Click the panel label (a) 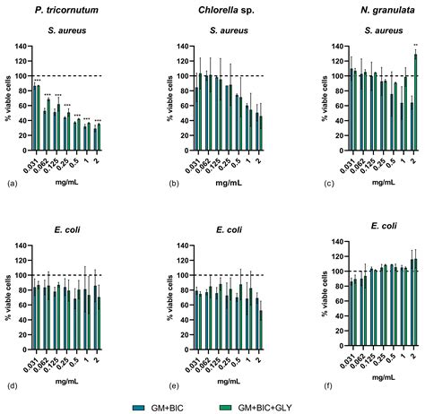pos(12,183)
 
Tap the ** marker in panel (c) pos(415,45)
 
